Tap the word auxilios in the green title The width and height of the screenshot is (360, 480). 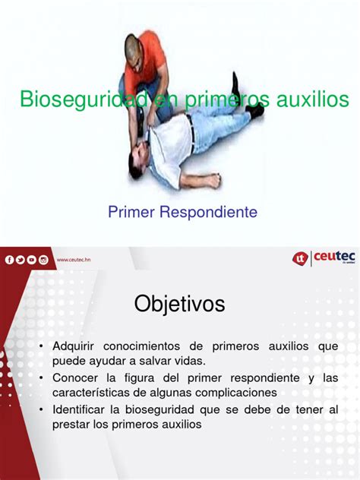tap(313, 99)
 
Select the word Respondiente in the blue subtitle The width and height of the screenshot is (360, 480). tap(208, 212)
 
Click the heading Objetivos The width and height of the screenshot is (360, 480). tap(180, 304)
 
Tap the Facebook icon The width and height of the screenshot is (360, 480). tap(9, 260)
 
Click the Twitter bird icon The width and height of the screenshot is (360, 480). tap(21, 260)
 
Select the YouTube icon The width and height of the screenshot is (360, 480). tap(32, 260)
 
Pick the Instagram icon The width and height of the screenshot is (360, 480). tap(43, 260)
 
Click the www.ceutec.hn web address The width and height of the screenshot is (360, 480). tap(74, 260)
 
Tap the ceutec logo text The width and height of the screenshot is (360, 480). tap(334, 256)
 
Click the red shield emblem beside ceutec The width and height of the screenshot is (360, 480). tap(300, 259)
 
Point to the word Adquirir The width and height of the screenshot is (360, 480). tap(73, 346)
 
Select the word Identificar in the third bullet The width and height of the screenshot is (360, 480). tap(78, 409)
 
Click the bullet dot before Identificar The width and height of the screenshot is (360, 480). tap(41, 409)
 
